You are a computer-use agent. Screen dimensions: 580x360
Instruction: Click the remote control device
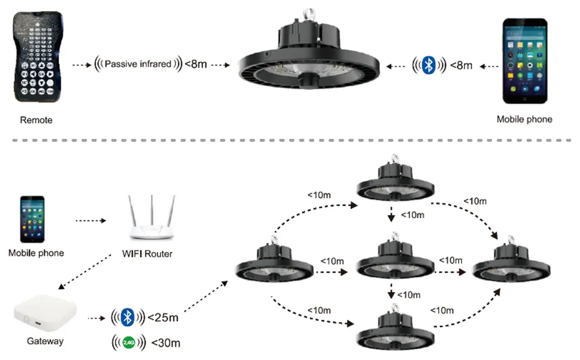click(x=38, y=57)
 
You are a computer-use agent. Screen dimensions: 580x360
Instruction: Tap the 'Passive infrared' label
click(x=138, y=64)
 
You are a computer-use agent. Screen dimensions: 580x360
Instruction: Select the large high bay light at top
click(x=308, y=50)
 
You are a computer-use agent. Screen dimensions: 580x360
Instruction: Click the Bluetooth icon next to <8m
click(x=429, y=65)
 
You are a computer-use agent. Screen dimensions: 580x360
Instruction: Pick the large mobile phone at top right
click(x=525, y=61)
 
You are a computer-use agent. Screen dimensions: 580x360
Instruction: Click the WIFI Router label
click(x=147, y=254)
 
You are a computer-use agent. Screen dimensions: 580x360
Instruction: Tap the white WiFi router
click(x=152, y=218)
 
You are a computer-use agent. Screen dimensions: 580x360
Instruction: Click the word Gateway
click(x=45, y=341)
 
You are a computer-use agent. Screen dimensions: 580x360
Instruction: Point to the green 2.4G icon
click(x=129, y=343)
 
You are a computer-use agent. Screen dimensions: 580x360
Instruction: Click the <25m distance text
click(x=163, y=318)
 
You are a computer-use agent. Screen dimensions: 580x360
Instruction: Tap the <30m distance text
click(x=166, y=343)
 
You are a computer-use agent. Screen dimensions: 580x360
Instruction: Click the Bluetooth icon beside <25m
click(x=128, y=317)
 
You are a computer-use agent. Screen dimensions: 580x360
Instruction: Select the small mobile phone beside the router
click(x=32, y=219)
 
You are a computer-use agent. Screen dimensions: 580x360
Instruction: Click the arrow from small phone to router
click(x=91, y=221)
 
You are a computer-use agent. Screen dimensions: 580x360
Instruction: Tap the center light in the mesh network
click(x=395, y=256)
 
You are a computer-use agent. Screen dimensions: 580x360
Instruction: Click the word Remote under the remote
click(x=36, y=120)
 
